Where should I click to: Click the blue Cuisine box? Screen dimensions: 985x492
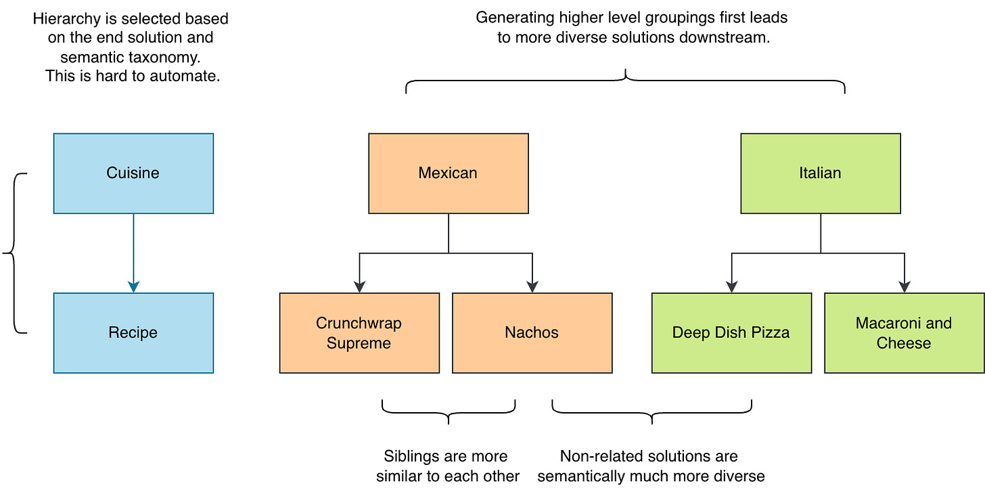coord(134,173)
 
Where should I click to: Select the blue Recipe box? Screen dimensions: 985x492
coord(134,333)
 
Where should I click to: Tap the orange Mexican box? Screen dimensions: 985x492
coord(449,173)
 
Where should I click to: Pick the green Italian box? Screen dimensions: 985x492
coord(821,173)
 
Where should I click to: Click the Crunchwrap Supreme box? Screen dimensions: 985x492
coord(359,333)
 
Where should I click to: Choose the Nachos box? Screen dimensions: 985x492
coord(532,333)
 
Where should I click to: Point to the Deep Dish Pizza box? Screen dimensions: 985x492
coord(732,333)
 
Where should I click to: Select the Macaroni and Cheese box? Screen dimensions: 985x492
coord(904,333)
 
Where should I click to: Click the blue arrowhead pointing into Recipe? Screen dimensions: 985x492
coord(134,287)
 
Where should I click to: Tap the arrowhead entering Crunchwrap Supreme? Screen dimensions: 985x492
coord(360,287)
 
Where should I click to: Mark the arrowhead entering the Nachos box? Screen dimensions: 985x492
coord(532,287)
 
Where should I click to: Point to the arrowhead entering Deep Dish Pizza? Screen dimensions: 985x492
coord(732,287)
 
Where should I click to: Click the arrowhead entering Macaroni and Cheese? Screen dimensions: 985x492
coord(904,287)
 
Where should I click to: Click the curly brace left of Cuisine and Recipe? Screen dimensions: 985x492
coord(14,253)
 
